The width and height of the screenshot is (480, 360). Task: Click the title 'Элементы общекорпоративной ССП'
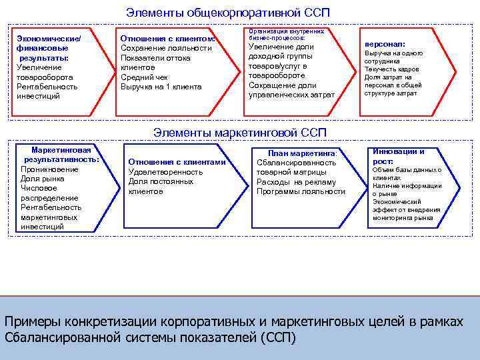[x=228, y=13]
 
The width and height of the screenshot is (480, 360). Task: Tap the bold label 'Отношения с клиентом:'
[x=167, y=38]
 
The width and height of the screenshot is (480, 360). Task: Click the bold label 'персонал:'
[x=384, y=44]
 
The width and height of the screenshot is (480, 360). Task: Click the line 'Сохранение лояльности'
[x=166, y=48]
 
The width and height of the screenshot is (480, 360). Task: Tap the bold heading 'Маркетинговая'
[x=61, y=150]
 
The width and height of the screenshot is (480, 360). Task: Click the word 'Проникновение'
[x=49, y=169]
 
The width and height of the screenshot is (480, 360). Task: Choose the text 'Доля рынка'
[x=43, y=179]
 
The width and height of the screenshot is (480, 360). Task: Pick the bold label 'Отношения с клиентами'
[x=177, y=162]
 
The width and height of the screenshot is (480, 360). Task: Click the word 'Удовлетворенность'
[x=165, y=172]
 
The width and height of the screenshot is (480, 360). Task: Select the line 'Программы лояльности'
[x=301, y=192]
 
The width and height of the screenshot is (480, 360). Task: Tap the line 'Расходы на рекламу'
[x=296, y=182]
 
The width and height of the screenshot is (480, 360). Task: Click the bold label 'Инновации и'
[x=399, y=151]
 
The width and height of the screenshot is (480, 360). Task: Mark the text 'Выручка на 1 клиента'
[x=161, y=87]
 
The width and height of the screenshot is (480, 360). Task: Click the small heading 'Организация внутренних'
[x=285, y=31]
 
